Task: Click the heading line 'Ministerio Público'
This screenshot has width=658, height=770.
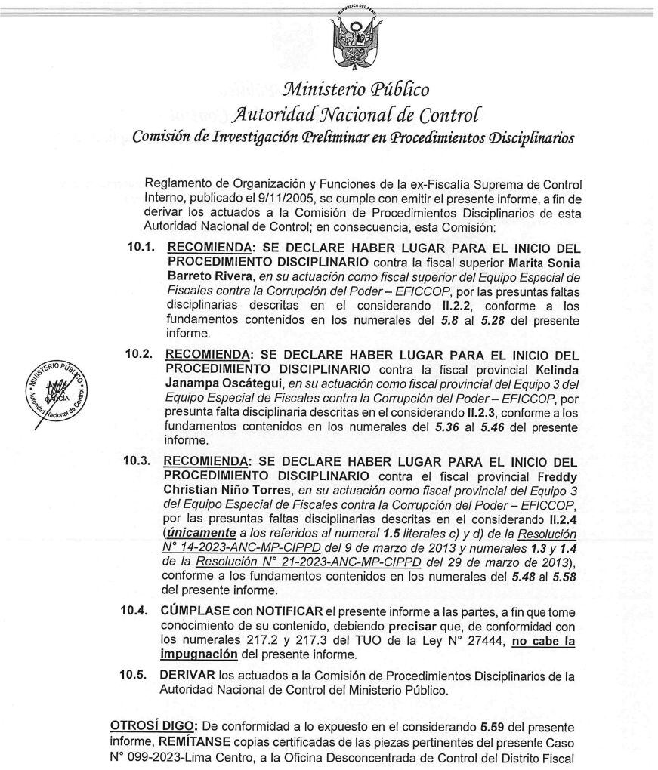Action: point(355,90)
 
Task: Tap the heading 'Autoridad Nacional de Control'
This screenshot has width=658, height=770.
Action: point(354,115)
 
